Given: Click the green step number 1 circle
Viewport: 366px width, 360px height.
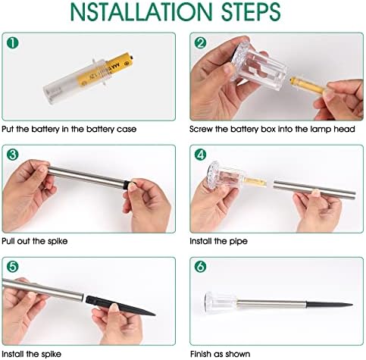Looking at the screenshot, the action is (x=12, y=43).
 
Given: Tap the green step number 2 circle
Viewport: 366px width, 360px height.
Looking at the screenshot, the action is (x=201, y=43).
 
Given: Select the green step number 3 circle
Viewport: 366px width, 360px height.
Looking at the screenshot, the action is (x=12, y=155).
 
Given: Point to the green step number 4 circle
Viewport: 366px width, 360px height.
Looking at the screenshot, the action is (x=201, y=155).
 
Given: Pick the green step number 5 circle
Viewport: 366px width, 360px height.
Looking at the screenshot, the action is (x=12, y=267).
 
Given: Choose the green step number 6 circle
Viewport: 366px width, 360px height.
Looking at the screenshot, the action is (x=201, y=267).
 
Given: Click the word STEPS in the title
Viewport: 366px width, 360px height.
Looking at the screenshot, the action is (x=251, y=11).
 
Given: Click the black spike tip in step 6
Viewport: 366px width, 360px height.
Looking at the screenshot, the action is (x=352, y=305).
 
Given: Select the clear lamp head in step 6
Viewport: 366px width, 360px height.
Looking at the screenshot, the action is (x=221, y=302).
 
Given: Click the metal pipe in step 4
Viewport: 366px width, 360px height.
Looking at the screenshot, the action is (x=314, y=189).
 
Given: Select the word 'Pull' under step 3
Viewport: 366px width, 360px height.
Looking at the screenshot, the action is (x=8, y=241).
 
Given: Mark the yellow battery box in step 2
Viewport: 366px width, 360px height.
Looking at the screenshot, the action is (x=308, y=86).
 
